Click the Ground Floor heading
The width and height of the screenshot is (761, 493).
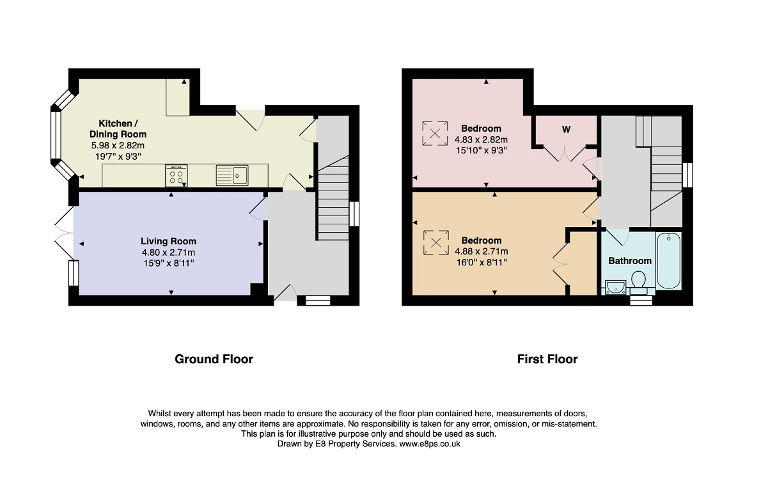pos(214,359)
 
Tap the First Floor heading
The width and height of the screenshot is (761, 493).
pos(547,359)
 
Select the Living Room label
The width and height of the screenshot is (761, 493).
pos(168,241)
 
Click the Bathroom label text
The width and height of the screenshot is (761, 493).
pos(629,261)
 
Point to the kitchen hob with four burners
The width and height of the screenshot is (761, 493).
pos(176,176)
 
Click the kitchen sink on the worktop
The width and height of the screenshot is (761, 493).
pos(232,175)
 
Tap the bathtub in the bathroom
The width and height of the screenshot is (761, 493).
pos(669,261)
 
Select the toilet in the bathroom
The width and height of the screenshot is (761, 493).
pos(638,282)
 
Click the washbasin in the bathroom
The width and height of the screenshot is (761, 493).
pos(616,287)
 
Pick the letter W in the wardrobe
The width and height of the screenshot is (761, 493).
pos(566,130)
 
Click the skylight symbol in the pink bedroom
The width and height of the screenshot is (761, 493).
pos(435,133)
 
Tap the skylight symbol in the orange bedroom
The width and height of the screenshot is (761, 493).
pos(436,242)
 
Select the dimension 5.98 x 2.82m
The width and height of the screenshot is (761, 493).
pos(118,146)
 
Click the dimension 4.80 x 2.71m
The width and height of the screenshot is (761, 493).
pos(168,253)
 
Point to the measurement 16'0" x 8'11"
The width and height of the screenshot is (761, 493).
pos(481,263)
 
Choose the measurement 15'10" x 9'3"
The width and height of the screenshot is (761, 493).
pos(481,150)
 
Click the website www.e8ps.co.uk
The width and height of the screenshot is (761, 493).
pos(430,444)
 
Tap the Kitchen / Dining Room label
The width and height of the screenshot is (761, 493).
pos(118,129)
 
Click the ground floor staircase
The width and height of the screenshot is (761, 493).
pos(333,198)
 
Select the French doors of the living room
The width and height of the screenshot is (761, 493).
pos(64,233)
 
